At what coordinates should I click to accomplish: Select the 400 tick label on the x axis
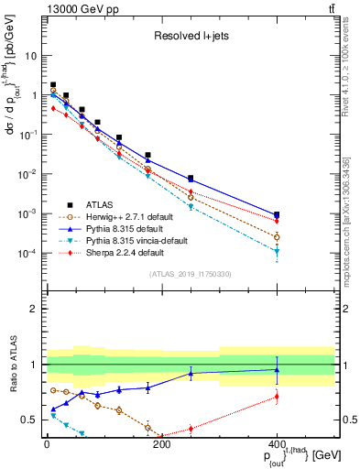(x=277, y=444)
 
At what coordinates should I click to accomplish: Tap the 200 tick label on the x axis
(x=161, y=444)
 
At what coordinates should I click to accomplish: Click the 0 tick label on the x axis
(x=47, y=444)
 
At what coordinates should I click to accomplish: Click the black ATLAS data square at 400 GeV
(x=277, y=214)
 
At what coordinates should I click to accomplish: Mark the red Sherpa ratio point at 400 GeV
(x=277, y=397)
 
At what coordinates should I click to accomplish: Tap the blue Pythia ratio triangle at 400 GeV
(x=277, y=369)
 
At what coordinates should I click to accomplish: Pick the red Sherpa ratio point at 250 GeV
(x=191, y=428)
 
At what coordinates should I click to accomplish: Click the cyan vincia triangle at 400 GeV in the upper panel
(x=277, y=251)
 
